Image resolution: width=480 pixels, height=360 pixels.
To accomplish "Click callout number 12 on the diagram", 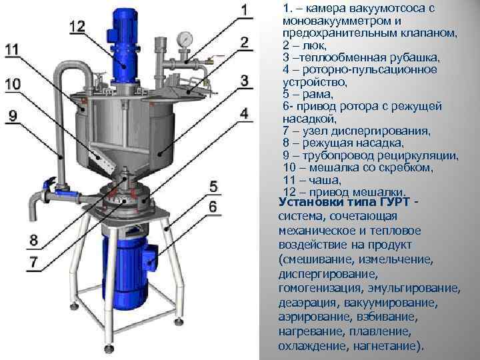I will coord(77,26).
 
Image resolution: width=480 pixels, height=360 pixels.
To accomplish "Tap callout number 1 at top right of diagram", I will coord(244,10).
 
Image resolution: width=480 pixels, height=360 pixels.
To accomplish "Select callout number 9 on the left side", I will coord(13,115).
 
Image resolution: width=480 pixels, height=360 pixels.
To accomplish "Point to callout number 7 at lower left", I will coord(32,261).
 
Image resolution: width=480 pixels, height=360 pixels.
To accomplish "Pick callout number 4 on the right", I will coord(244,114).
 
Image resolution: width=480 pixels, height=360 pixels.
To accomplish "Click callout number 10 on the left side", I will coord(13,84).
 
